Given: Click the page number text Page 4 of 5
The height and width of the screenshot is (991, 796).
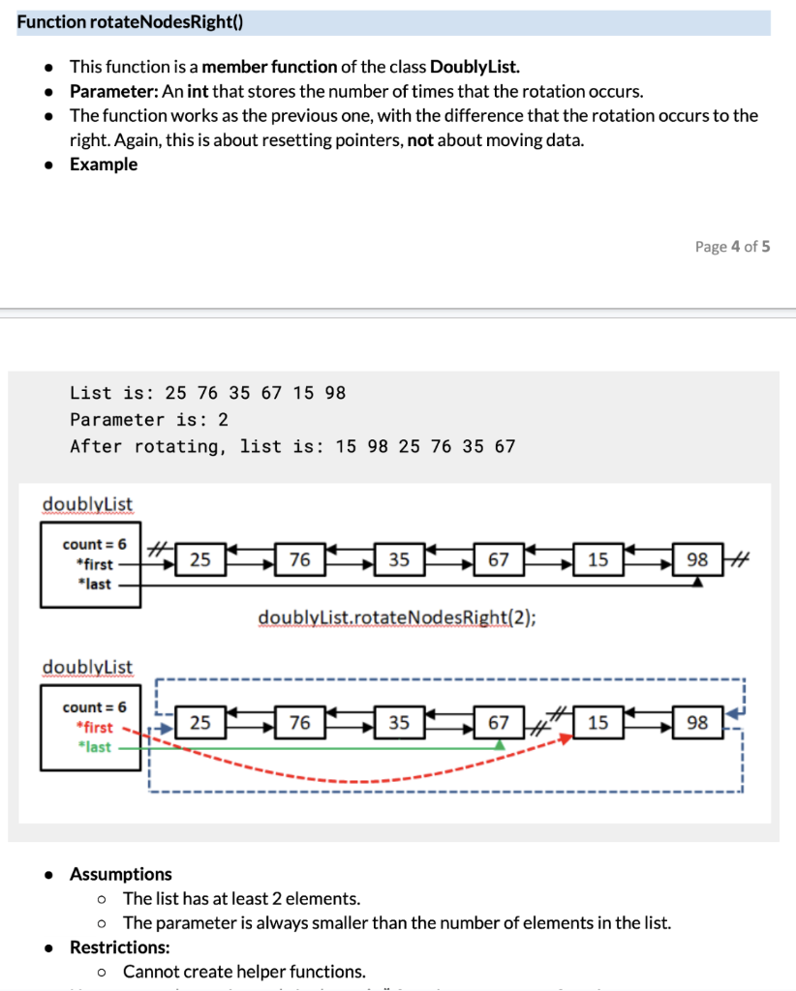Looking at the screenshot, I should (732, 246).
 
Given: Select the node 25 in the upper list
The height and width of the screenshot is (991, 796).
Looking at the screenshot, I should (200, 559).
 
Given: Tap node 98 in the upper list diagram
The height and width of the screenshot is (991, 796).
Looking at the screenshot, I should (697, 559).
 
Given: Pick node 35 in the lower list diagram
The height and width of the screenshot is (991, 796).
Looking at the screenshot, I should (399, 723).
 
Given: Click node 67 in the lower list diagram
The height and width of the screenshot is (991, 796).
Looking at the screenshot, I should (499, 723).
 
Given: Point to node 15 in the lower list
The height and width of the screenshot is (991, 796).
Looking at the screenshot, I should (597, 723).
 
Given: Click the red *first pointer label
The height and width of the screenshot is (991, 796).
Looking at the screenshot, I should (94, 727).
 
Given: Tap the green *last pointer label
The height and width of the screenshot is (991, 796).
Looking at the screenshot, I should (95, 747).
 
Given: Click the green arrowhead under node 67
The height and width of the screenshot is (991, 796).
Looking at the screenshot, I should (500, 743).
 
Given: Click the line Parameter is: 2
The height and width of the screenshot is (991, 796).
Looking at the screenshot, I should (149, 419).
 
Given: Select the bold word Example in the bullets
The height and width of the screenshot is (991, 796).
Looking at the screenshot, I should (104, 164).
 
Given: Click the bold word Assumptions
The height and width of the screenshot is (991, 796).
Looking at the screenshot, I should (121, 874).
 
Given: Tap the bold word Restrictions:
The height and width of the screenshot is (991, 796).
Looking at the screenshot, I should (118, 946).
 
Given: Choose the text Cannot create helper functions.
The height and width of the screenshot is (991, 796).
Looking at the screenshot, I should (244, 971).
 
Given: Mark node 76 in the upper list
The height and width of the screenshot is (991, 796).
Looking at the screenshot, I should (300, 559).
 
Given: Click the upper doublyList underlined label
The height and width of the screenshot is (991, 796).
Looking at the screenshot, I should (87, 504).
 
